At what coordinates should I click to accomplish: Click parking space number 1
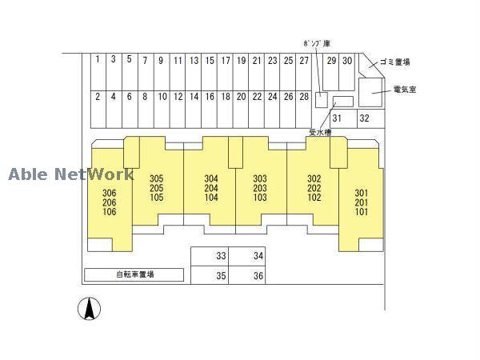click(x=96, y=60)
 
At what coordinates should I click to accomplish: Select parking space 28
click(x=303, y=97)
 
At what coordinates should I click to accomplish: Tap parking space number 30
click(x=347, y=60)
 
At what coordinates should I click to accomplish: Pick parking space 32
click(x=363, y=118)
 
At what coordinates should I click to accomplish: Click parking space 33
click(x=222, y=256)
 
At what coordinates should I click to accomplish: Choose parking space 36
click(x=258, y=276)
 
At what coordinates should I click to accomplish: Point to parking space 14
click(x=194, y=97)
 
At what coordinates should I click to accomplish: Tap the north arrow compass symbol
click(x=90, y=308)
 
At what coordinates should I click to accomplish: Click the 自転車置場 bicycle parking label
click(x=134, y=274)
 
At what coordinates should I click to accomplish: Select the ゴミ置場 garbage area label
click(x=395, y=62)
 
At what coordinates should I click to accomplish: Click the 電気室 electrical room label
click(x=404, y=89)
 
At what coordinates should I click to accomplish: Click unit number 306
click(x=110, y=193)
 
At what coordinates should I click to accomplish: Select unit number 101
click(x=362, y=212)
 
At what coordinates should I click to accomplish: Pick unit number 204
click(x=211, y=188)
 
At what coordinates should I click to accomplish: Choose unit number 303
click(x=259, y=178)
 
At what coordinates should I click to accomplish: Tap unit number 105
click(x=156, y=198)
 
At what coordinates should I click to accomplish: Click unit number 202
click(x=314, y=188)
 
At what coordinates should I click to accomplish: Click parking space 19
click(x=240, y=60)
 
